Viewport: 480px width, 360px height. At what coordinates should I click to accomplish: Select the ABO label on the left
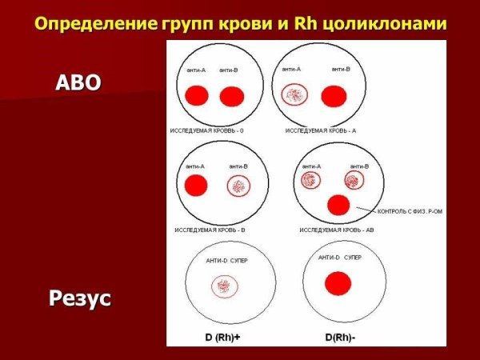pyautogui.click(x=78, y=82)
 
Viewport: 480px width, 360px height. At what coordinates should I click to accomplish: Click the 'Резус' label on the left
pyautogui.click(x=79, y=300)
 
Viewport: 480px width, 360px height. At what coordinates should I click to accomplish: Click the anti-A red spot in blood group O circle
pyautogui.click(x=196, y=97)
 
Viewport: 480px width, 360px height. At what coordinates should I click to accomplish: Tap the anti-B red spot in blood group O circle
pyautogui.click(x=231, y=97)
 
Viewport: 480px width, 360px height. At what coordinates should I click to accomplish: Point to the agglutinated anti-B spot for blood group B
pyautogui.click(x=238, y=186)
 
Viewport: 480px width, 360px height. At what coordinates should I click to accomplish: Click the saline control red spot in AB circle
pyautogui.click(x=338, y=205)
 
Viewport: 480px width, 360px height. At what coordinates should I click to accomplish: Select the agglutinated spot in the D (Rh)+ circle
pyautogui.click(x=225, y=286)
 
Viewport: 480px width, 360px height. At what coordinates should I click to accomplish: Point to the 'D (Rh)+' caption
pyautogui.click(x=222, y=337)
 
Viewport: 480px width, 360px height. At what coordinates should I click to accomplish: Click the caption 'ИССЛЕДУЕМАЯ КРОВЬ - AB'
pyautogui.click(x=337, y=230)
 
